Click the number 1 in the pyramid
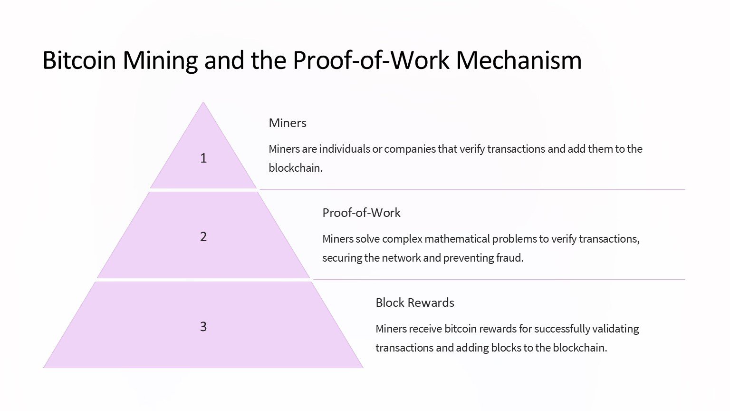[203, 158]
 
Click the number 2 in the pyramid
[203, 237]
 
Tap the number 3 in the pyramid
[203, 326]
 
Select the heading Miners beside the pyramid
[288, 123]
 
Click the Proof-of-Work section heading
[361, 213]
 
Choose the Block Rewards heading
[415, 303]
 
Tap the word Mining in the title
[160, 61]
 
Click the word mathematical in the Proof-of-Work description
[457, 239]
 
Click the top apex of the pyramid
[203, 102]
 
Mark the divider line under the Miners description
[472, 189]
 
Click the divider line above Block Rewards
[499, 280]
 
